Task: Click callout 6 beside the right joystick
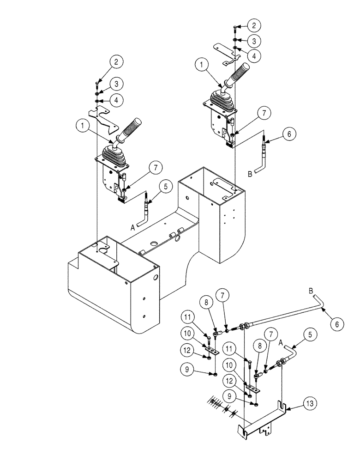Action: [x=288, y=134]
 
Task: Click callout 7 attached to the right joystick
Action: [x=261, y=113]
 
